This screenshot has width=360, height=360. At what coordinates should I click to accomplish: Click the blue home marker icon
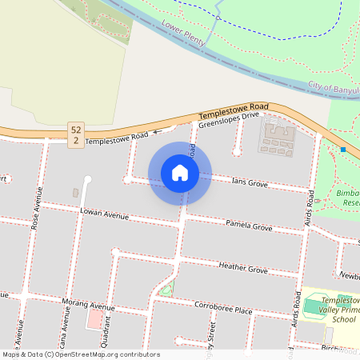(x=180, y=173)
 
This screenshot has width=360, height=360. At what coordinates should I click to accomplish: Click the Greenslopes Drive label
(x=230, y=119)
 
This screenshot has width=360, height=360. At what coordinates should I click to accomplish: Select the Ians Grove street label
(x=248, y=183)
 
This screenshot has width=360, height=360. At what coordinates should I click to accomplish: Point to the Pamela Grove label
(x=249, y=225)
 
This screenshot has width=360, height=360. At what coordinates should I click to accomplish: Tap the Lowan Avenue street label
(x=104, y=214)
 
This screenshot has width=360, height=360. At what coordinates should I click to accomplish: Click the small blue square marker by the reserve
(x=343, y=150)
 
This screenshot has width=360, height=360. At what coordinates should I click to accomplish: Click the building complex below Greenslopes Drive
(x=276, y=138)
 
